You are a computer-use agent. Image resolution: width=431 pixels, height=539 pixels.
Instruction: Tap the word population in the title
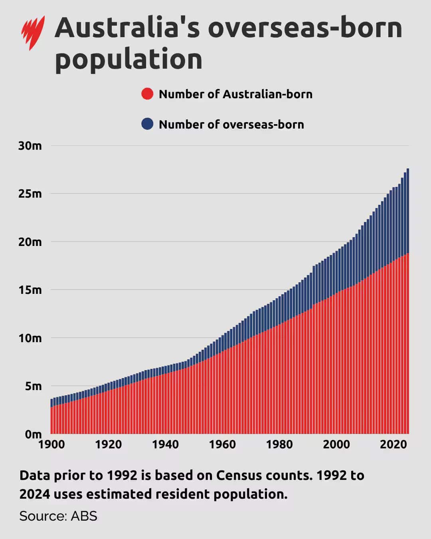pyautogui.click(x=129, y=59)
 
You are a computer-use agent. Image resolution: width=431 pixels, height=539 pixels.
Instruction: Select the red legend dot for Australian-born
pyautogui.click(x=147, y=94)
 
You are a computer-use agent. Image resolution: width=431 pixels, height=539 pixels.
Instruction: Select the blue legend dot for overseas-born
pyautogui.click(x=147, y=124)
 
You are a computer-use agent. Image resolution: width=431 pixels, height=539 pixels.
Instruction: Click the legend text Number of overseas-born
pyautogui.click(x=231, y=124)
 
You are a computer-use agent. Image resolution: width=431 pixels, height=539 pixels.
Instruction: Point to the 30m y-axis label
pyautogui.click(x=30, y=146)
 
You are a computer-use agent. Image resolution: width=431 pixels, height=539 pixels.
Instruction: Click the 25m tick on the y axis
pyautogui.click(x=30, y=194)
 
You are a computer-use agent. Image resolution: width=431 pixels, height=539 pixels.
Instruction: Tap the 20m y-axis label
pyautogui.click(x=30, y=242)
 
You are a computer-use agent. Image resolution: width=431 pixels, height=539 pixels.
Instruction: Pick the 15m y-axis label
pyautogui.click(x=30, y=290)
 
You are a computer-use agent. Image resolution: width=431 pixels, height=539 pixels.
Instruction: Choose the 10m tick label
pyautogui.click(x=30, y=338)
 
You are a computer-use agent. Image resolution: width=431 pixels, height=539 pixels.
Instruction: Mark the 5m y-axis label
pyautogui.click(x=32, y=386)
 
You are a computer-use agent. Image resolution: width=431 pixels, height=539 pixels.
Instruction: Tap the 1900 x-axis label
pyautogui.click(x=51, y=444)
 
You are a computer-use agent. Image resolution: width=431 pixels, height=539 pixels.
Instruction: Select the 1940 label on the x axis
pyautogui.click(x=165, y=444)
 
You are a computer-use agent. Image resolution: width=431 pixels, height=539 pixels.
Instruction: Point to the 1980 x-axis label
pyautogui.click(x=279, y=444)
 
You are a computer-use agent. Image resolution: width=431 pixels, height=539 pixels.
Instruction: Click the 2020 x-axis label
pyautogui.click(x=393, y=444)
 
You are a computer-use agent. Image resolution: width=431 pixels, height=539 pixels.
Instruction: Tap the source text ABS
pyautogui.click(x=84, y=516)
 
